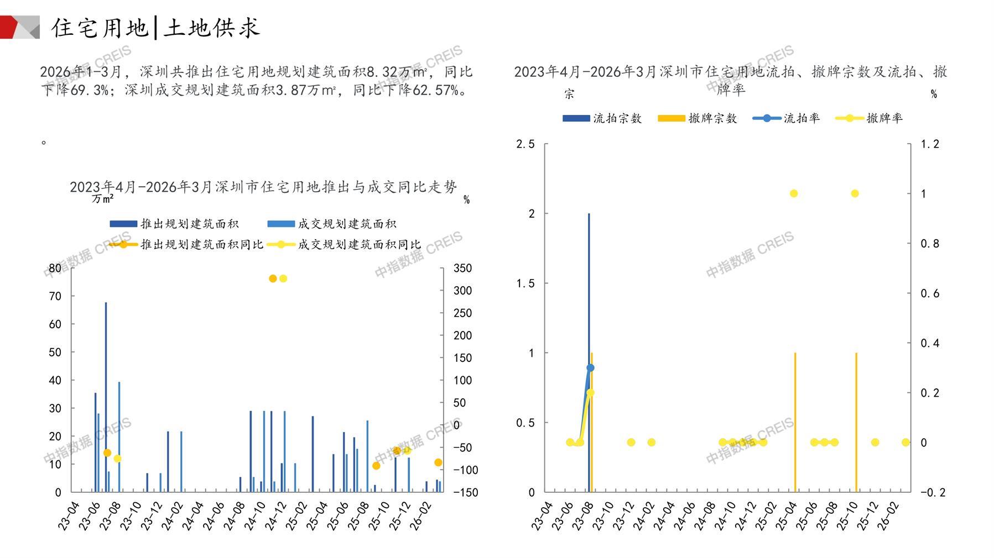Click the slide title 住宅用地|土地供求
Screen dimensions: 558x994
click(x=155, y=28)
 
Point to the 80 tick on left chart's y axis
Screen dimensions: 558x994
click(x=55, y=269)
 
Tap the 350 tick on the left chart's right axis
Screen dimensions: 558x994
click(x=462, y=269)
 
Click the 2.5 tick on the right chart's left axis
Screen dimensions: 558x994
click(x=525, y=144)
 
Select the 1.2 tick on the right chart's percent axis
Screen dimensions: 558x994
click(x=929, y=144)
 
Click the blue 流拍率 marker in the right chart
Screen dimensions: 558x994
click(x=590, y=367)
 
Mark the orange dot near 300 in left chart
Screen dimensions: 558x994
click(x=273, y=278)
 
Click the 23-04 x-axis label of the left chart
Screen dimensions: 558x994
click(x=69, y=516)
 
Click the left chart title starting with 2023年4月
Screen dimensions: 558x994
click(x=263, y=187)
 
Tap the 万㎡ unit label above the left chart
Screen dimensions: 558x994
click(x=103, y=198)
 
